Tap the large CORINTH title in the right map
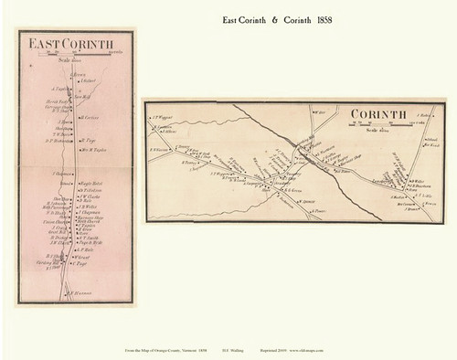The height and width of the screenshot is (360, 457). tap(377, 114)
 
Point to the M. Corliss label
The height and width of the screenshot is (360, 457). tap(90, 117)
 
